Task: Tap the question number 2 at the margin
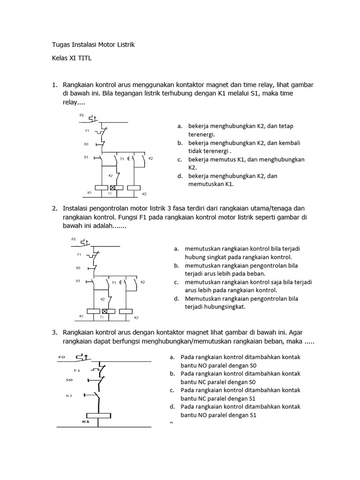tap(54, 208)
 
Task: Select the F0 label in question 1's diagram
tap(81, 115)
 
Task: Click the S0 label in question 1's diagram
tap(86, 144)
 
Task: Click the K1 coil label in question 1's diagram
tap(89, 193)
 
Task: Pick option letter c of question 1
tap(179, 159)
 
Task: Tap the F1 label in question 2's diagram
tap(79, 255)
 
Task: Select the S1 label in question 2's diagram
tap(78, 281)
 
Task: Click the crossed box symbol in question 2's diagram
tap(105, 311)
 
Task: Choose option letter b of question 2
tap(176, 265)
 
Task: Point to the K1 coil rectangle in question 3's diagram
tap(98, 415)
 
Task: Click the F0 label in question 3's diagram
tap(61, 357)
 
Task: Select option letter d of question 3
tap(172, 407)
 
